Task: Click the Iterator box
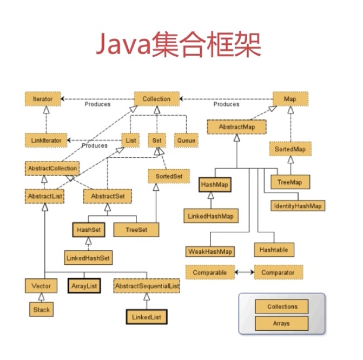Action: pyautogui.click(x=43, y=99)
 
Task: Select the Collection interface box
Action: pyautogui.click(x=156, y=99)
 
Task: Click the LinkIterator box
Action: pyautogui.click(x=46, y=141)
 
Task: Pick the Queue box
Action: pyautogui.click(x=186, y=141)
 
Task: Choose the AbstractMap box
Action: pyautogui.click(x=236, y=127)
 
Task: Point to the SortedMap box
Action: pyautogui.click(x=291, y=148)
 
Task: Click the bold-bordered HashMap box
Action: pyautogui.click(x=215, y=185)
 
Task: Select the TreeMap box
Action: pyautogui.click(x=290, y=183)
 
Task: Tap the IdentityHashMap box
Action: pyautogui.click(x=298, y=206)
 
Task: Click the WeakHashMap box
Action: pyautogui.click(x=210, y=252)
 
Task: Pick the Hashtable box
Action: pyautogui.click(x=274, y=250)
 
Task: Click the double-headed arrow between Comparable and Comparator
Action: pyautogui.click(x=245, y=273)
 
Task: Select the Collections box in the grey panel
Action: pyautogui.click(x=282, y=307)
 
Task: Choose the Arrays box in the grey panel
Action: pyautogui.click(x=282, y=324)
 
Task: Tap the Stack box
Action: pyautogui.click(x=41, y=310)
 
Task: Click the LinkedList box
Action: pyautogui.click(x=146, y=316)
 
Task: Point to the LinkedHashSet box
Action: pyautogui.click(x=88, y=258)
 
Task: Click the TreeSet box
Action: pyautogui.click(x=136, y=230)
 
